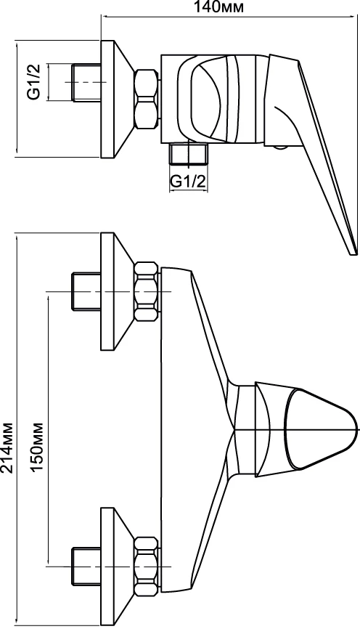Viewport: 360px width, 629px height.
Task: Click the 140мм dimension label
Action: [219, 7]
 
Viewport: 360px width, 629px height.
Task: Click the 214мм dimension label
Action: [8, 447]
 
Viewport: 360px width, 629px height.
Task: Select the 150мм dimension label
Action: [36, 447]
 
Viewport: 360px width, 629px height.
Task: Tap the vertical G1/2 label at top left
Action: [34, 82]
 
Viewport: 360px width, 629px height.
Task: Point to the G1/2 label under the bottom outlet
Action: [188, 182]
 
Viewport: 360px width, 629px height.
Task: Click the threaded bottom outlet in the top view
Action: [189, 155]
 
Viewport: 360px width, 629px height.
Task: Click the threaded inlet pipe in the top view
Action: [86, 82]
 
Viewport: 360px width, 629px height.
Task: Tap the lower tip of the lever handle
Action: [353, 252]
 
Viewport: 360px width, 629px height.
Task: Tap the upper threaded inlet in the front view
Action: [86, 292]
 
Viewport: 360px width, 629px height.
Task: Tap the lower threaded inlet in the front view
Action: [86, 567]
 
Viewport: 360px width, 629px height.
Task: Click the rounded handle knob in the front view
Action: [321, 429]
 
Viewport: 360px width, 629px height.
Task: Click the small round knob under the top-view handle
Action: [280, 147]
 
